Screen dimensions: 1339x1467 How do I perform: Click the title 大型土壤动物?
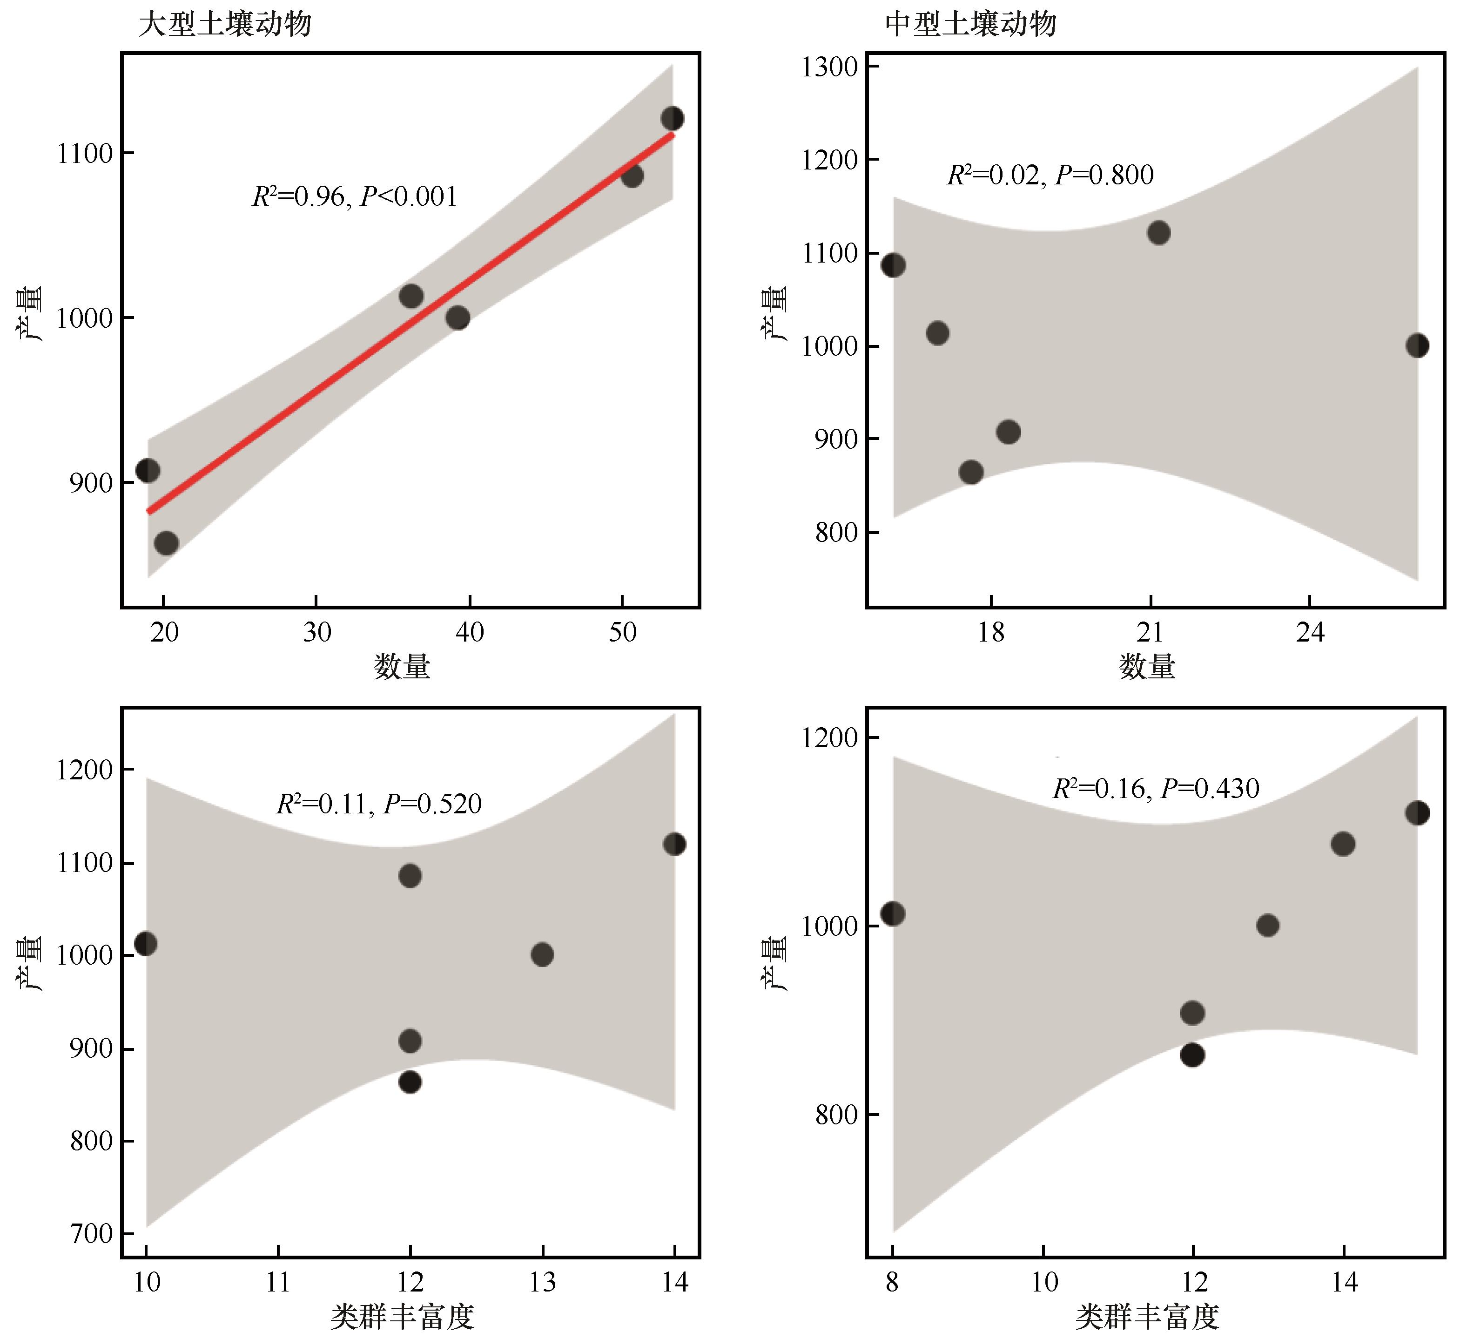pyautogui.click(x=225, y=25)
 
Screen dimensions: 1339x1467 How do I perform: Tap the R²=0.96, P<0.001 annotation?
pyautogui.click(x=354, y=196)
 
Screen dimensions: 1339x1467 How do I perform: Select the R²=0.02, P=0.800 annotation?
pyautogui.click(x=1050, y=175)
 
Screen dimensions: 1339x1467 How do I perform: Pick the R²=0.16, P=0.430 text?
pyautogui.click(x=1156, y=789)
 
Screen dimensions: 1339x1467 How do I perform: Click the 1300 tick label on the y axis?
pyautogui.click(x=829, y=67)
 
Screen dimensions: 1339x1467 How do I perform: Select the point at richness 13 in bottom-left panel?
pyautogui.click(x=542, y=954)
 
